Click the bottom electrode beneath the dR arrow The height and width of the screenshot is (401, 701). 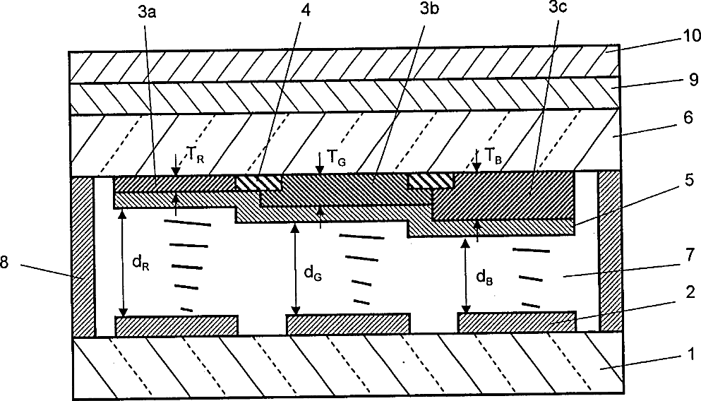click(x=176, y=326)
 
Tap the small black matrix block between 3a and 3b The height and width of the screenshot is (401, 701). click(x=258, y=183)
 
